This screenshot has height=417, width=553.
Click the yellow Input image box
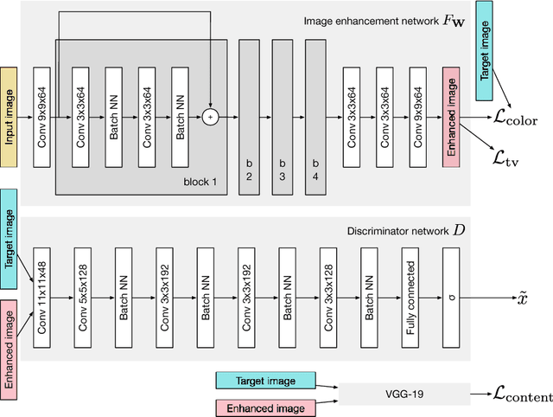pos(11,116)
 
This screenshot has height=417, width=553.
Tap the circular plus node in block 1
pos(209,116)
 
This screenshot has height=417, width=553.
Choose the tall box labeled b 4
pos(315,116)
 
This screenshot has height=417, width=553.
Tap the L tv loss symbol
pos(505,157)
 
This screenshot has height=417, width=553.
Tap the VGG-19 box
pos(403,395)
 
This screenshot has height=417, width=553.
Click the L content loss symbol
pos(522,396)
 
